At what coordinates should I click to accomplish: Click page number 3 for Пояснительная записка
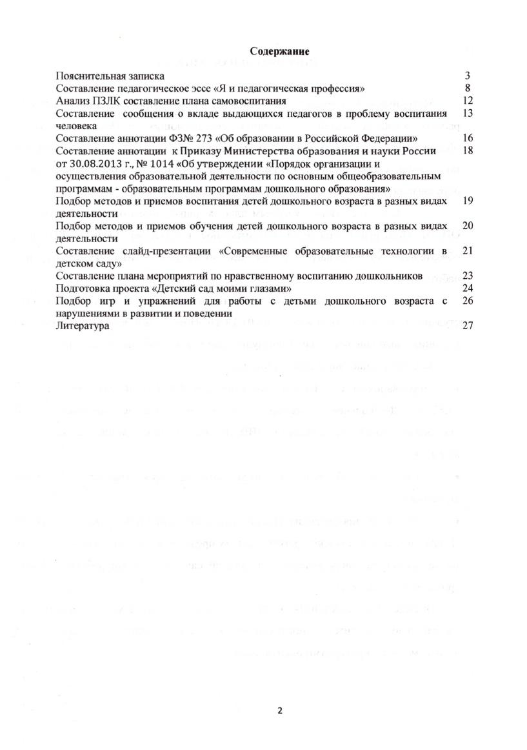pyautogui.click(x=468, y=76)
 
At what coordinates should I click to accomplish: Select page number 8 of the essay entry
pyautogui.click(x=468, y=88)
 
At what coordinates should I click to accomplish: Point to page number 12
pyautogui.click(x=468, y=101)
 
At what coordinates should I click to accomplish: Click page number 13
pyautogui.click(x=468, y=114)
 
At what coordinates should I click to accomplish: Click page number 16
pyautogui.click(x=468, y=139)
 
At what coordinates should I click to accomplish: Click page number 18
pyautogui.click(x=468, y=150)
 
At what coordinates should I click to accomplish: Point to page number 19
pyautogui.click(x=468, y=201)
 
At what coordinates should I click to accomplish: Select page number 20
pyautogui.click(x=468, y=226)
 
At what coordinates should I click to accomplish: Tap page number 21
pyautogui.click(x=468, y=250)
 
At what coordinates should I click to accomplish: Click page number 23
pyautogui.click(x=468, y=276)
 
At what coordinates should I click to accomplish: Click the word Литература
pyautogui.click(x=83, y=326)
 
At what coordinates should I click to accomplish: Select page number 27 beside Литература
pyautogui.click(x=468, y=326)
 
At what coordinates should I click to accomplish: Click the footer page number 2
pyautogui.click(x=280, y=711)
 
